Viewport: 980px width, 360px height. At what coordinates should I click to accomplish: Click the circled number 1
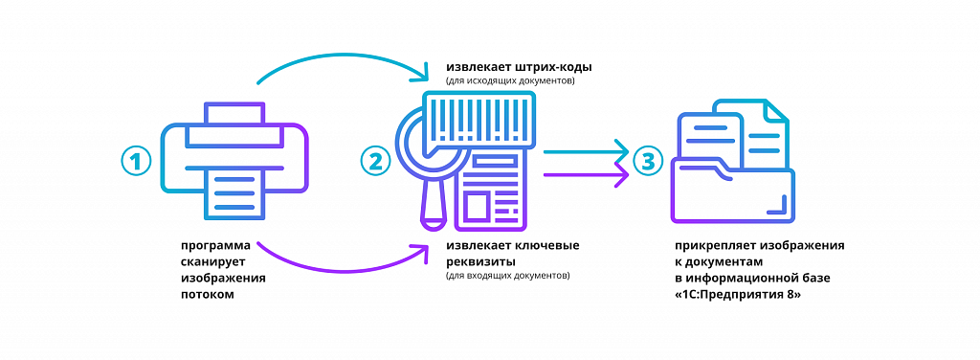[137, 161]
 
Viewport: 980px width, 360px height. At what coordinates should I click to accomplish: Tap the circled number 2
[375, 161]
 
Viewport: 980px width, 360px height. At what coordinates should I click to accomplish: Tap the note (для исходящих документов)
[509, 82]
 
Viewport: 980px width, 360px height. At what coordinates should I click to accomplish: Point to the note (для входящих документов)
[507, 276]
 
